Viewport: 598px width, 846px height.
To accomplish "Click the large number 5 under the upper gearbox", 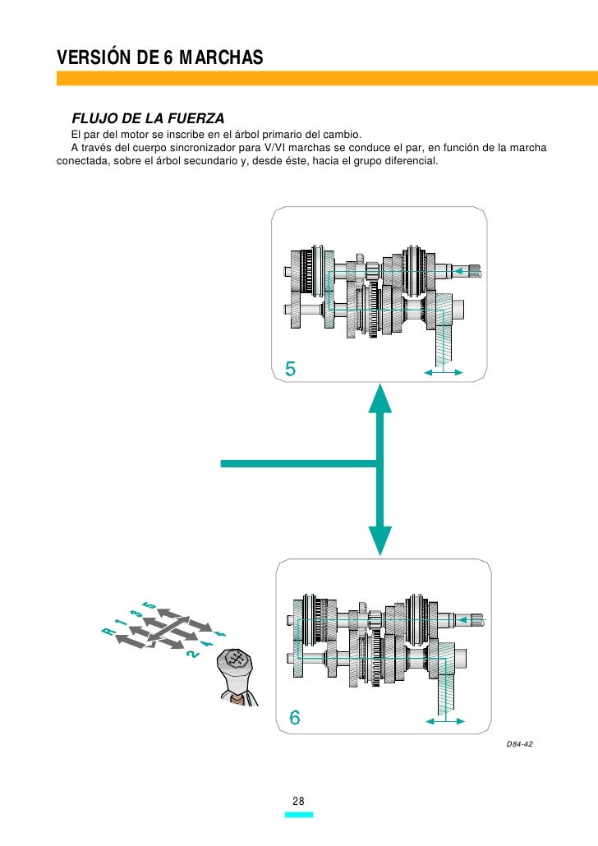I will [291, 369].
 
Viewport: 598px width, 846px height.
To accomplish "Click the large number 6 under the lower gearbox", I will [293, 717].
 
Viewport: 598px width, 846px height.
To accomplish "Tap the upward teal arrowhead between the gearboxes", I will [378, 401].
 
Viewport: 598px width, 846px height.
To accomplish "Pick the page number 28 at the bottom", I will [298, 801].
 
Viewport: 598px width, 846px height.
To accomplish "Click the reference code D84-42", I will [520, 743].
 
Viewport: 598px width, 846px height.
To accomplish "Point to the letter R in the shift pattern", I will [107, 631].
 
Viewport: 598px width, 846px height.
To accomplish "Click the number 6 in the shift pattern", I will [219, 633].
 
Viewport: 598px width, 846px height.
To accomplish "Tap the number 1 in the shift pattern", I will [120, 623].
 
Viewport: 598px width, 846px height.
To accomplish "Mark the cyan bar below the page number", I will [298, 816].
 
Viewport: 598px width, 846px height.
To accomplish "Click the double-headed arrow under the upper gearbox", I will [443, 373].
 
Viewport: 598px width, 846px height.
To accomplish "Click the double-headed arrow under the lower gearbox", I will [444, 721].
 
